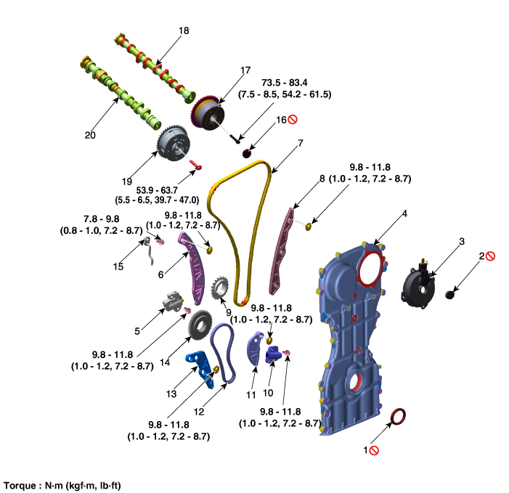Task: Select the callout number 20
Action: click(90, 134)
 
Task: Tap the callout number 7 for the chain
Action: click(299, 144)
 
